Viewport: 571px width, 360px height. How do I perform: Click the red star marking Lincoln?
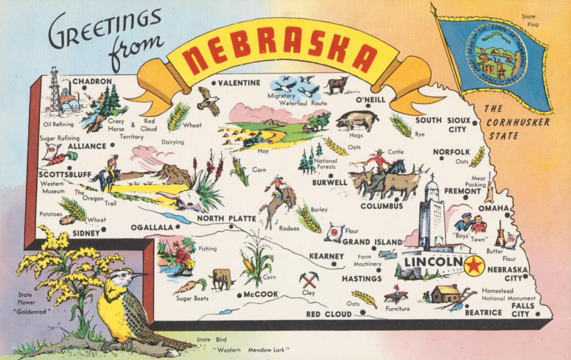[474, 265]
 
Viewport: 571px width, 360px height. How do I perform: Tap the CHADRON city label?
[92, 81]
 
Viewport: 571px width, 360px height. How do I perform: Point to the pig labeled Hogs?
[357, 120]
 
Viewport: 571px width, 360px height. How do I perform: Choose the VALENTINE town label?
[239, 83]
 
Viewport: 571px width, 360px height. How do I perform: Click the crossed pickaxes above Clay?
[309, 280]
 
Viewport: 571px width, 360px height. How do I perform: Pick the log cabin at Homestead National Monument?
[444, 294]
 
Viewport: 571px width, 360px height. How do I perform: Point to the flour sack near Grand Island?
[333, 232]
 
